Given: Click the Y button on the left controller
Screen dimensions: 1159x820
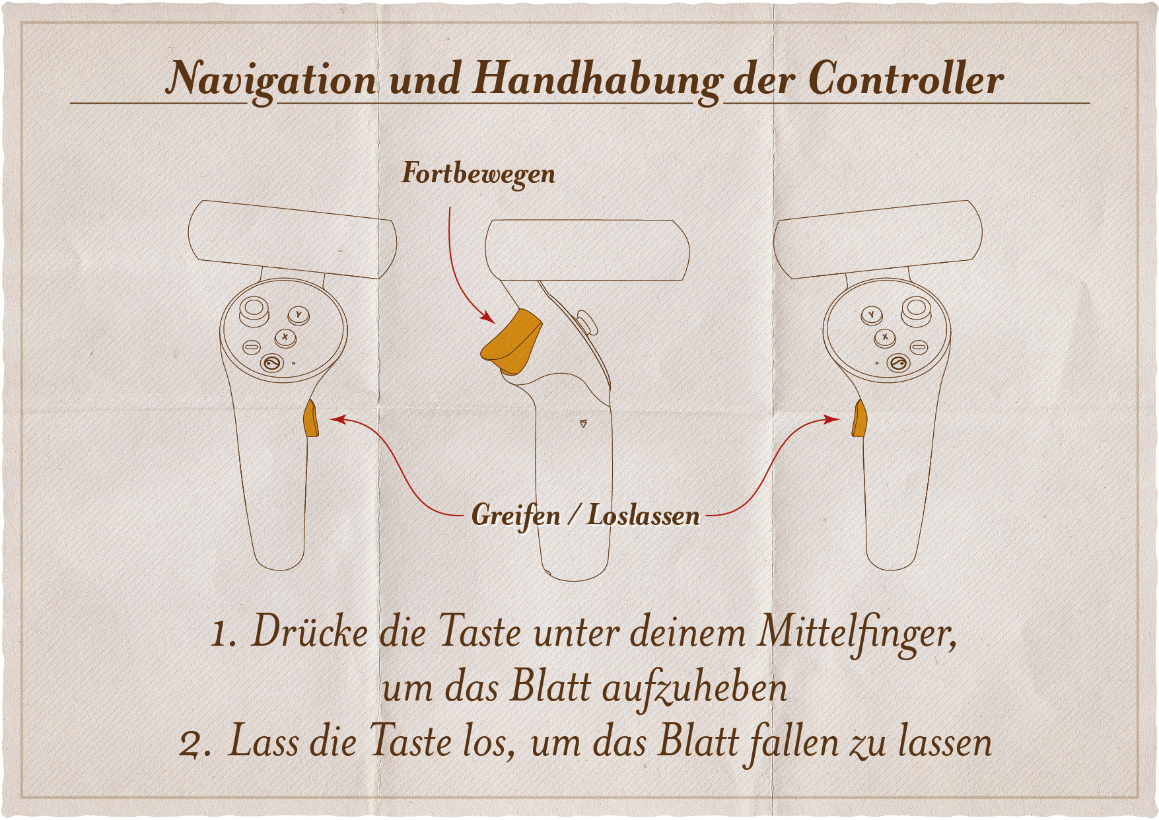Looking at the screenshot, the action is (299, 315).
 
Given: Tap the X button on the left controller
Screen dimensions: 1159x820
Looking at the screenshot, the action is (285, 337).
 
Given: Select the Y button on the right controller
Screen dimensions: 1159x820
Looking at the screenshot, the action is (872, 315).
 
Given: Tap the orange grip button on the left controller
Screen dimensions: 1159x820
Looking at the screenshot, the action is (310, 418).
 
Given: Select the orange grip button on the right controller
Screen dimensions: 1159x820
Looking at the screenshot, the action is (859, 418).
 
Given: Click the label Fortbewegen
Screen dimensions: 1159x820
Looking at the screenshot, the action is (479, 174).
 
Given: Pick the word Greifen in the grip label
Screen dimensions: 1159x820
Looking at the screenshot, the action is (516, 516).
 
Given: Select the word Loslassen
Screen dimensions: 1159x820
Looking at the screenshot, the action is (644, 516).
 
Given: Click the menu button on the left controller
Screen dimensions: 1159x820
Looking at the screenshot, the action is (252, 347).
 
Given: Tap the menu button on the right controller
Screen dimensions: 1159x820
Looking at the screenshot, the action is (919, 347).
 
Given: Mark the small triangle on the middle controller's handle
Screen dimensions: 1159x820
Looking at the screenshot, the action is (583, 424).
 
